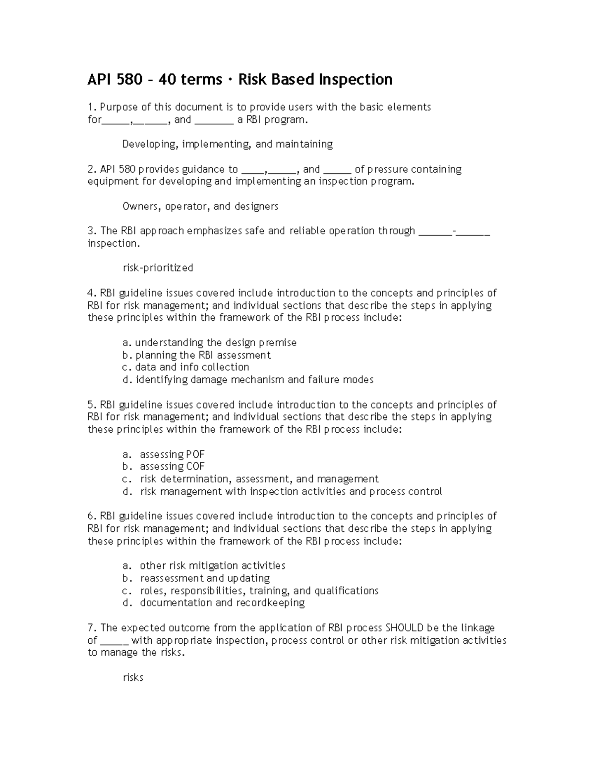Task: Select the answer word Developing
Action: pos(149,145)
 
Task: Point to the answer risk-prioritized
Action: pos(158,268)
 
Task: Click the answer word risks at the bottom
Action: pos(133,677)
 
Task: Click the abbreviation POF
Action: pos(195,455)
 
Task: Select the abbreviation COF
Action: pos(195,466)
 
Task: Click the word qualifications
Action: pos(346,591)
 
